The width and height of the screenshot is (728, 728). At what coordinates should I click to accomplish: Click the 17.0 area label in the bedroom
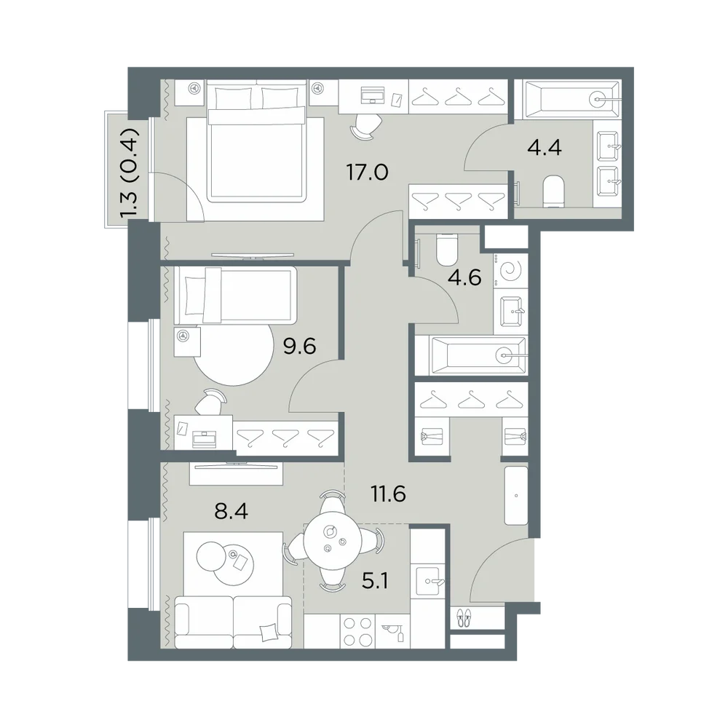click(367, 173)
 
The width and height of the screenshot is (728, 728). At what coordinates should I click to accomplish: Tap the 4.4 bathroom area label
click(545, 148)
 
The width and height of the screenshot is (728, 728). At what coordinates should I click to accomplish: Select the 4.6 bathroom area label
click(464, 277)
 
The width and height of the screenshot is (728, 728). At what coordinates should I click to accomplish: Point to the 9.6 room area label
click(299, 346)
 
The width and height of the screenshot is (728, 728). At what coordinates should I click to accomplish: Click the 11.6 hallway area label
click(389, 494)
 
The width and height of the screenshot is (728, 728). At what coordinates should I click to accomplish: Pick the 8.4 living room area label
click(232, 511)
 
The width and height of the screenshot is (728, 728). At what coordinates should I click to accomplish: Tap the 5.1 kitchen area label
click(375, 580)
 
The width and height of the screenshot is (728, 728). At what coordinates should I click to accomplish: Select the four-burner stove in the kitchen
click(357, 630)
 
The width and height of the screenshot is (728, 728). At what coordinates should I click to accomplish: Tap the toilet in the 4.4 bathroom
click(553, 191)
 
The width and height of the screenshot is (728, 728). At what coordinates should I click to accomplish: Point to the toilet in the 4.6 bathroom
click(448, 249)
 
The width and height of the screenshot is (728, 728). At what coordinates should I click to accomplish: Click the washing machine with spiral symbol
click(511, 271)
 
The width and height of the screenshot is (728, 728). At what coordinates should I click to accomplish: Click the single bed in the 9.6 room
click(235, 296)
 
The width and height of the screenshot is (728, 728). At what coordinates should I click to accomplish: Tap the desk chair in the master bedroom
click(367, 126)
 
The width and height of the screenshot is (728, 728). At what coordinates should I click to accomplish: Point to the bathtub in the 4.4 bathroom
click(571, 99)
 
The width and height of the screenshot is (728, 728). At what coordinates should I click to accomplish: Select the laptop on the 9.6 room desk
click(205, 439)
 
